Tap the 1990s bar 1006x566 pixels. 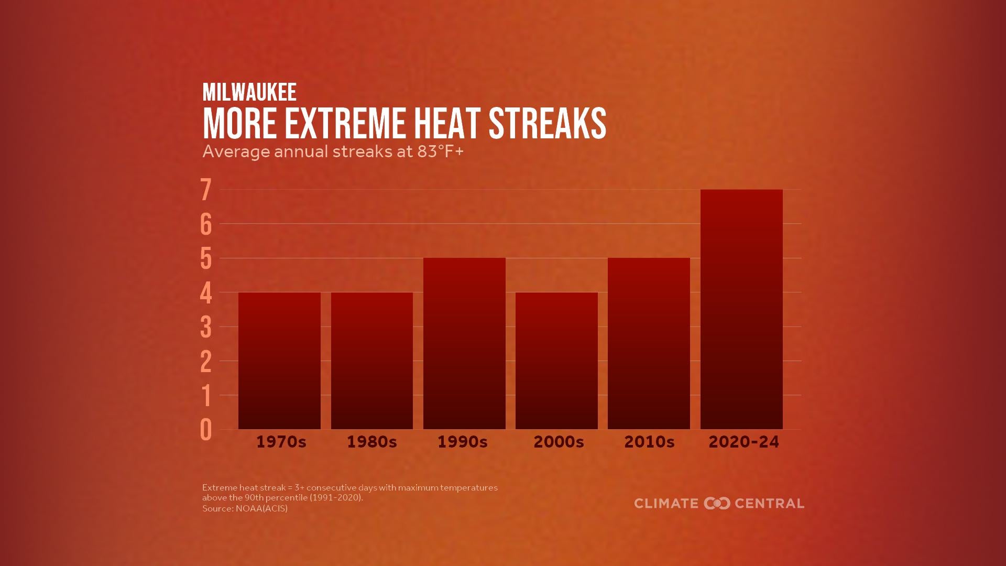point(464,343)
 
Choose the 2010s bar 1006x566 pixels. point(649,343)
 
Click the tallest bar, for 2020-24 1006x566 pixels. point(741,309)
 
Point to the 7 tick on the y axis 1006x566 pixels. point(206,190)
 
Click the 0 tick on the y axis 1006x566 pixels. point(206,430)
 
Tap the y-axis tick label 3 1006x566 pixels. point(206,327)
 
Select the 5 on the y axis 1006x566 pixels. point(206,258)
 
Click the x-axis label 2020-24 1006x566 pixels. point(743,442)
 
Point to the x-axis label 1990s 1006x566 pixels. point(463,442)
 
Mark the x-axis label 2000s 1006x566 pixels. point(559,442)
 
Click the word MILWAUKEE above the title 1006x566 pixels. point(249,92)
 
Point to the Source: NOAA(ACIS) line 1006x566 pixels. point(245,508)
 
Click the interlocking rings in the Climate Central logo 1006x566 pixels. point(717,504)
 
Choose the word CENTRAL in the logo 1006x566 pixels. point(769,504)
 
